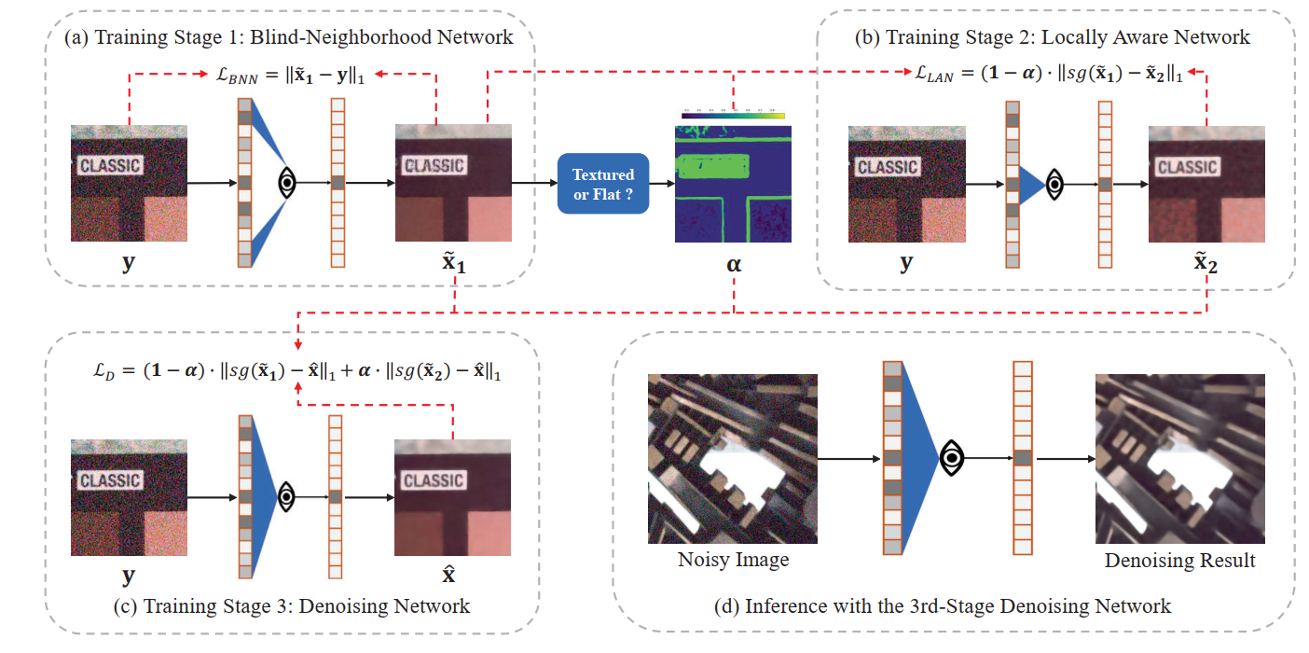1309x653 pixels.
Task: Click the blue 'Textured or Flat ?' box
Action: [601, 184]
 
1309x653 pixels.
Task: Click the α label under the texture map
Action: [733, 265]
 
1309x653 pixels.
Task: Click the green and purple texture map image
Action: [733, 184]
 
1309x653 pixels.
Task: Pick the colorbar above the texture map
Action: [733, 116]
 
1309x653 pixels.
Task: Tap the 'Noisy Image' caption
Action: [732, 560]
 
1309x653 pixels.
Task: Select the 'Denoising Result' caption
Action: [1179, 561]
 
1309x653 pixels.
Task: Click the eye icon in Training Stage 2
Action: [1054, 184]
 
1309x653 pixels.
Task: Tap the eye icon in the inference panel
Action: [951, 457]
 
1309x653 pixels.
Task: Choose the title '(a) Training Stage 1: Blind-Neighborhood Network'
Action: [288, 37]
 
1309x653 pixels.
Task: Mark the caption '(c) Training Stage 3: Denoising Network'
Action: [289, 606]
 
